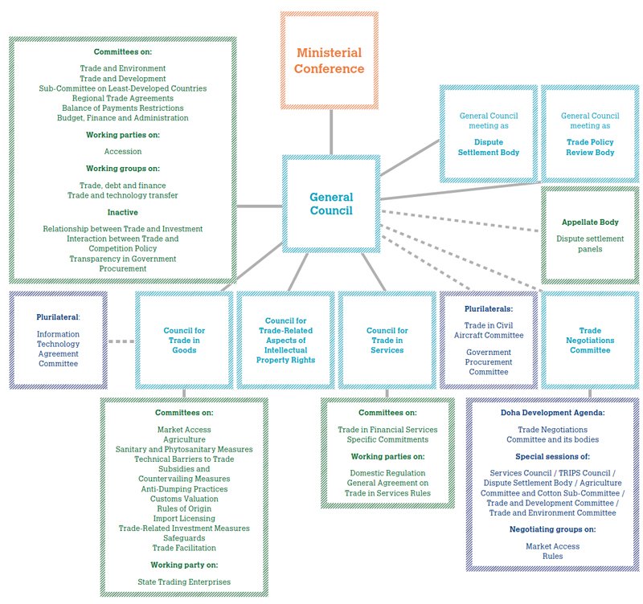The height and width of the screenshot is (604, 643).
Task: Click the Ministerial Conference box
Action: point(329,60)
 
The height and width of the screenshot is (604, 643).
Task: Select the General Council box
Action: point(330,203)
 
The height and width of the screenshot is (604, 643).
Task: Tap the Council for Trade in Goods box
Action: point(183,340)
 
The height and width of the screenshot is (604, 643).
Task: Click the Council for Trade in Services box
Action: point(387,340)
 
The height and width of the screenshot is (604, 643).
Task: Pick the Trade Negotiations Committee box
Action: point(590,340)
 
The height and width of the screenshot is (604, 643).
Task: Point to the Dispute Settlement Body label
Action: point(489,147)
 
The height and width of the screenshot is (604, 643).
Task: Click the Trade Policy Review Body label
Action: point(590,147)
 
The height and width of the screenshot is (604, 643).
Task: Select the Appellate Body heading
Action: point(589,221)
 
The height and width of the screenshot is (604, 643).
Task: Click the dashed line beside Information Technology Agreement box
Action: point(121,341)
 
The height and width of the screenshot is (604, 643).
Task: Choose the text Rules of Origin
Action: point(184,508)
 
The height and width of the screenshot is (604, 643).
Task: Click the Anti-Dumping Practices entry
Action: point(184,488)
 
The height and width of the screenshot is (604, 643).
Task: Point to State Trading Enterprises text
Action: point(184,582)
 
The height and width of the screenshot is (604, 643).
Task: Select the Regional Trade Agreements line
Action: point(122,98)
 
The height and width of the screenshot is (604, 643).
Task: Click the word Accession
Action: point(122,151)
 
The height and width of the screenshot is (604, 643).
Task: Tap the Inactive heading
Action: point(122,212)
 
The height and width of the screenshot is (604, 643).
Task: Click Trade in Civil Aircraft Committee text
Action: point(489,329)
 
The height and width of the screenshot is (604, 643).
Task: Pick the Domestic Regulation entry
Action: point(387,473)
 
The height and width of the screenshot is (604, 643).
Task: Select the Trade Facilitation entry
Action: point(184,548)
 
